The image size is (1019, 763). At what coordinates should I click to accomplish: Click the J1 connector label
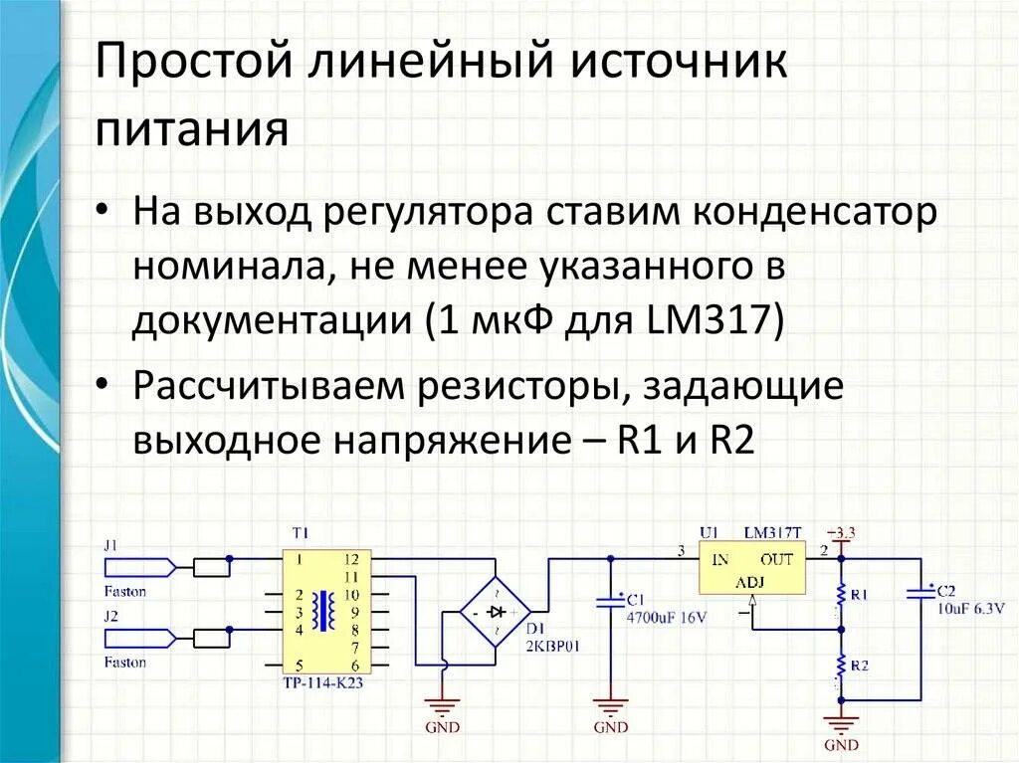click(x=110, y=545)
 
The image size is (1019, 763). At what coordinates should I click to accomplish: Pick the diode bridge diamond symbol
click(x=495, y=612)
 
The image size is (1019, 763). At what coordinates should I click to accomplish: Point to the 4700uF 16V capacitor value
click(x=666, y=617)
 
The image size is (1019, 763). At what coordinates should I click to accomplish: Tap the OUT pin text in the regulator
click(x=776, y=559)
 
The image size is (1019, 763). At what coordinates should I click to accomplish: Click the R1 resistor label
click(x=858, y=595)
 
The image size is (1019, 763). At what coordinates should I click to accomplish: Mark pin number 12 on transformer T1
click(x=350, y=559)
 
